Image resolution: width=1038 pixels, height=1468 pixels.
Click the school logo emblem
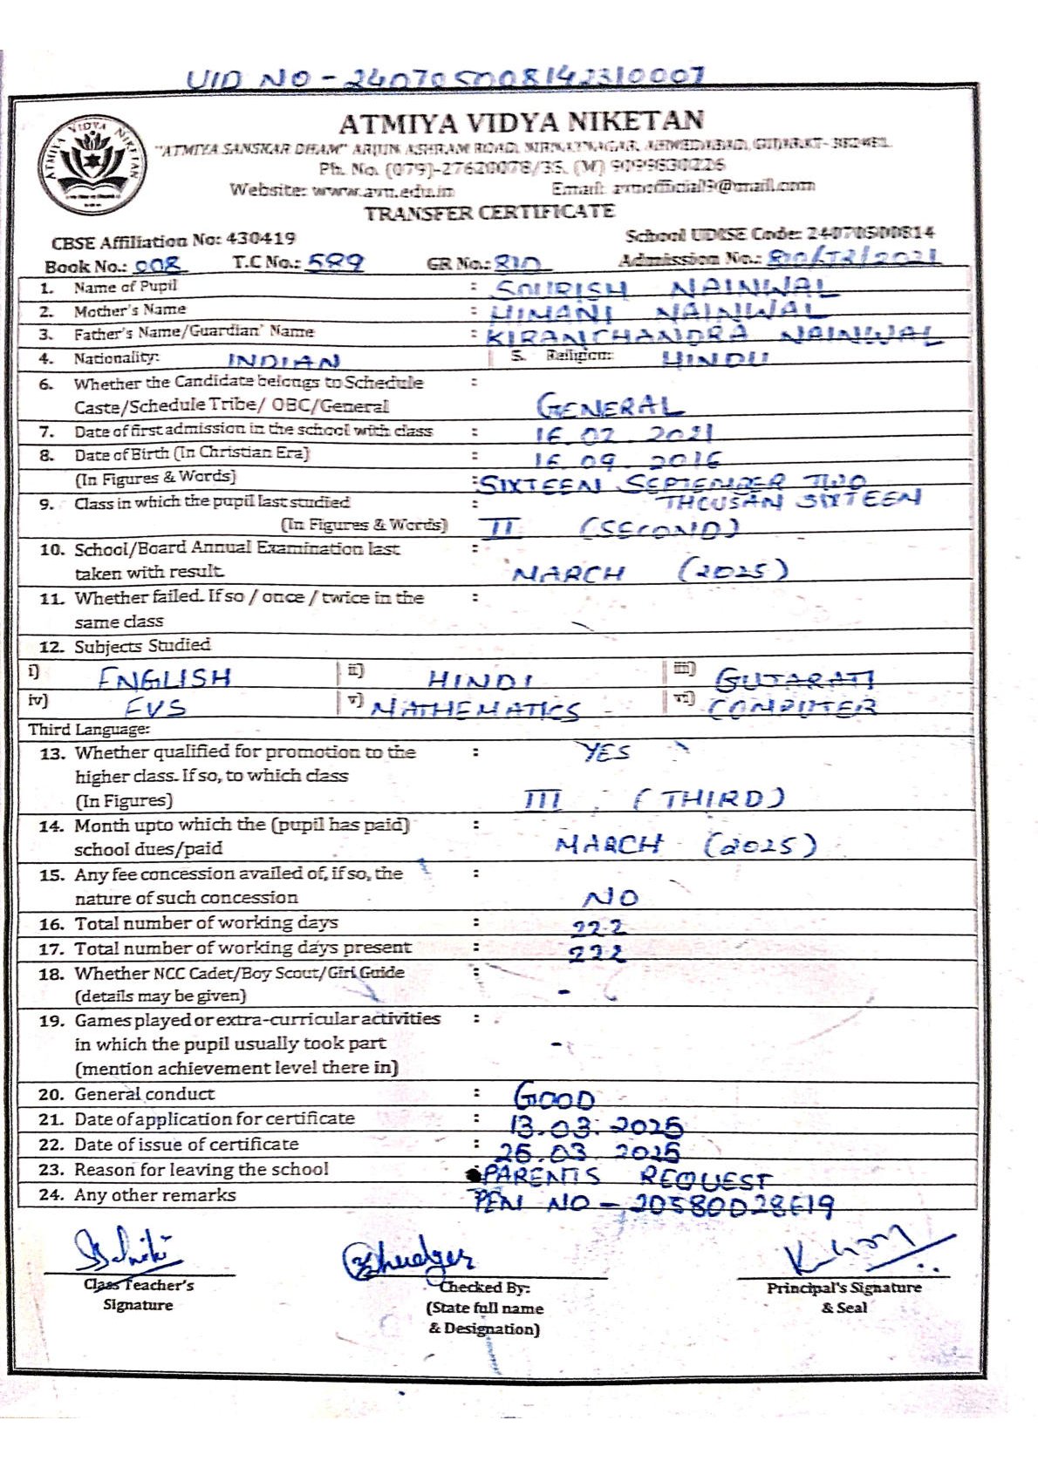click(91, 165)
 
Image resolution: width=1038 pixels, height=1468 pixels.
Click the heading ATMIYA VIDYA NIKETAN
click(521, 122)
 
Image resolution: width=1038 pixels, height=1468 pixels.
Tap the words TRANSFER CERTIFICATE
click(489, 212)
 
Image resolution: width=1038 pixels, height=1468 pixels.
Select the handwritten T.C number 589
click(335, 262)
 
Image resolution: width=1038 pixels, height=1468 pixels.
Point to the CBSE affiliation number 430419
click(260, 238)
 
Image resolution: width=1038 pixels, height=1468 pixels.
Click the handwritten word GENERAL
click(609, 405)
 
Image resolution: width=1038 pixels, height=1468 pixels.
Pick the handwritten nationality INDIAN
click(283, 360)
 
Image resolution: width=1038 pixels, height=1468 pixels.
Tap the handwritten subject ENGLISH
click(165, 677)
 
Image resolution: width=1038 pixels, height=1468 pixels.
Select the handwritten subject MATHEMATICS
click(475, 710)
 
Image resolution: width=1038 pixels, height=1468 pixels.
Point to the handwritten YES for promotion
click(607, 751)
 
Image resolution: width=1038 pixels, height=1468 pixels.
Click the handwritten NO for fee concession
click(611, 897)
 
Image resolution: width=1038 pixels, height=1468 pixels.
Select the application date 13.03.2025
click(596, 1125)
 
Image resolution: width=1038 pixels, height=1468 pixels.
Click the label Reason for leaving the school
click(201, 1169)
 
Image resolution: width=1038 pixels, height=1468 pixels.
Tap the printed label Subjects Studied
click(142, 646)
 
